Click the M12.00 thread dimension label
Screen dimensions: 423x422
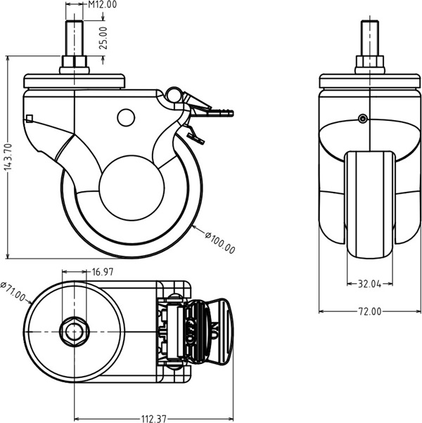point(102,5)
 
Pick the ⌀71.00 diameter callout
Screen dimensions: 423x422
point(13,293)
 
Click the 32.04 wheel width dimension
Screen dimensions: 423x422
point(369,285)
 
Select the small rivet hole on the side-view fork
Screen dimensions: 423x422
point(125,117)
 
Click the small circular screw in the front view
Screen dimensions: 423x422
point(362,119)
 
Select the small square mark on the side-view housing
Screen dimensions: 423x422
point(29,117)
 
